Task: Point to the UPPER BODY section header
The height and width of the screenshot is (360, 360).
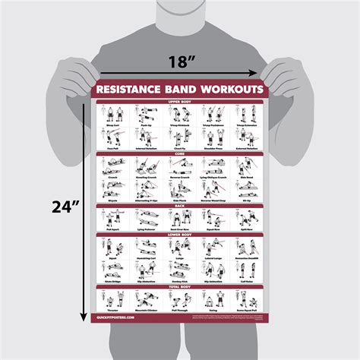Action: (x=179, y=101)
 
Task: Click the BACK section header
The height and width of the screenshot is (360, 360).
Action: (x=179, y=205)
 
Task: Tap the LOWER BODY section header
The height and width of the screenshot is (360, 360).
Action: (x=179, y=235)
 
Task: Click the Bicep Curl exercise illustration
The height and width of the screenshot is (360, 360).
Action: (x=111, y=113)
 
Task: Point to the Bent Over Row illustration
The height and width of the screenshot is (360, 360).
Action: (x=179, y=216)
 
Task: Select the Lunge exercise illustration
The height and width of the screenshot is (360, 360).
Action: (x=179, y=246)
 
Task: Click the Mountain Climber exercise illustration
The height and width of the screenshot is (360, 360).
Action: (x=145, y=298)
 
